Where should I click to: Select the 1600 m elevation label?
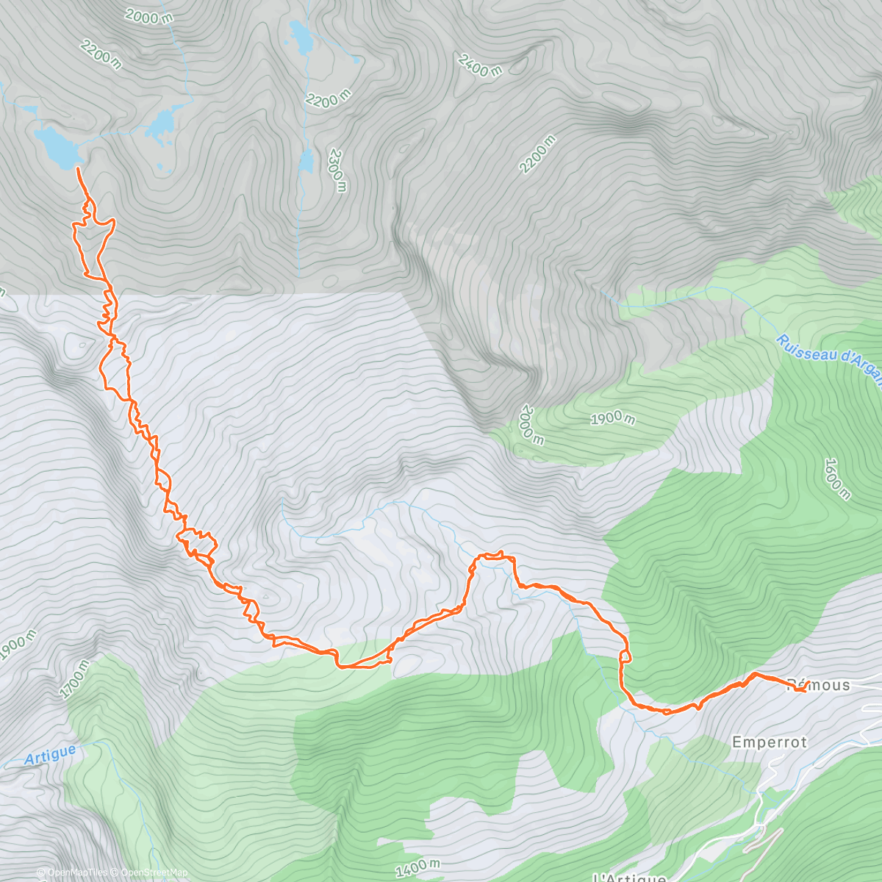coord(836,478)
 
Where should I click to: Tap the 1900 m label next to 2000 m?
coord(612,418)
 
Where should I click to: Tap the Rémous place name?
coord(819,685)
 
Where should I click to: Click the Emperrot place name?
coord(770,742)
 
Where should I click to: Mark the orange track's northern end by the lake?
coord(78,169)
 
